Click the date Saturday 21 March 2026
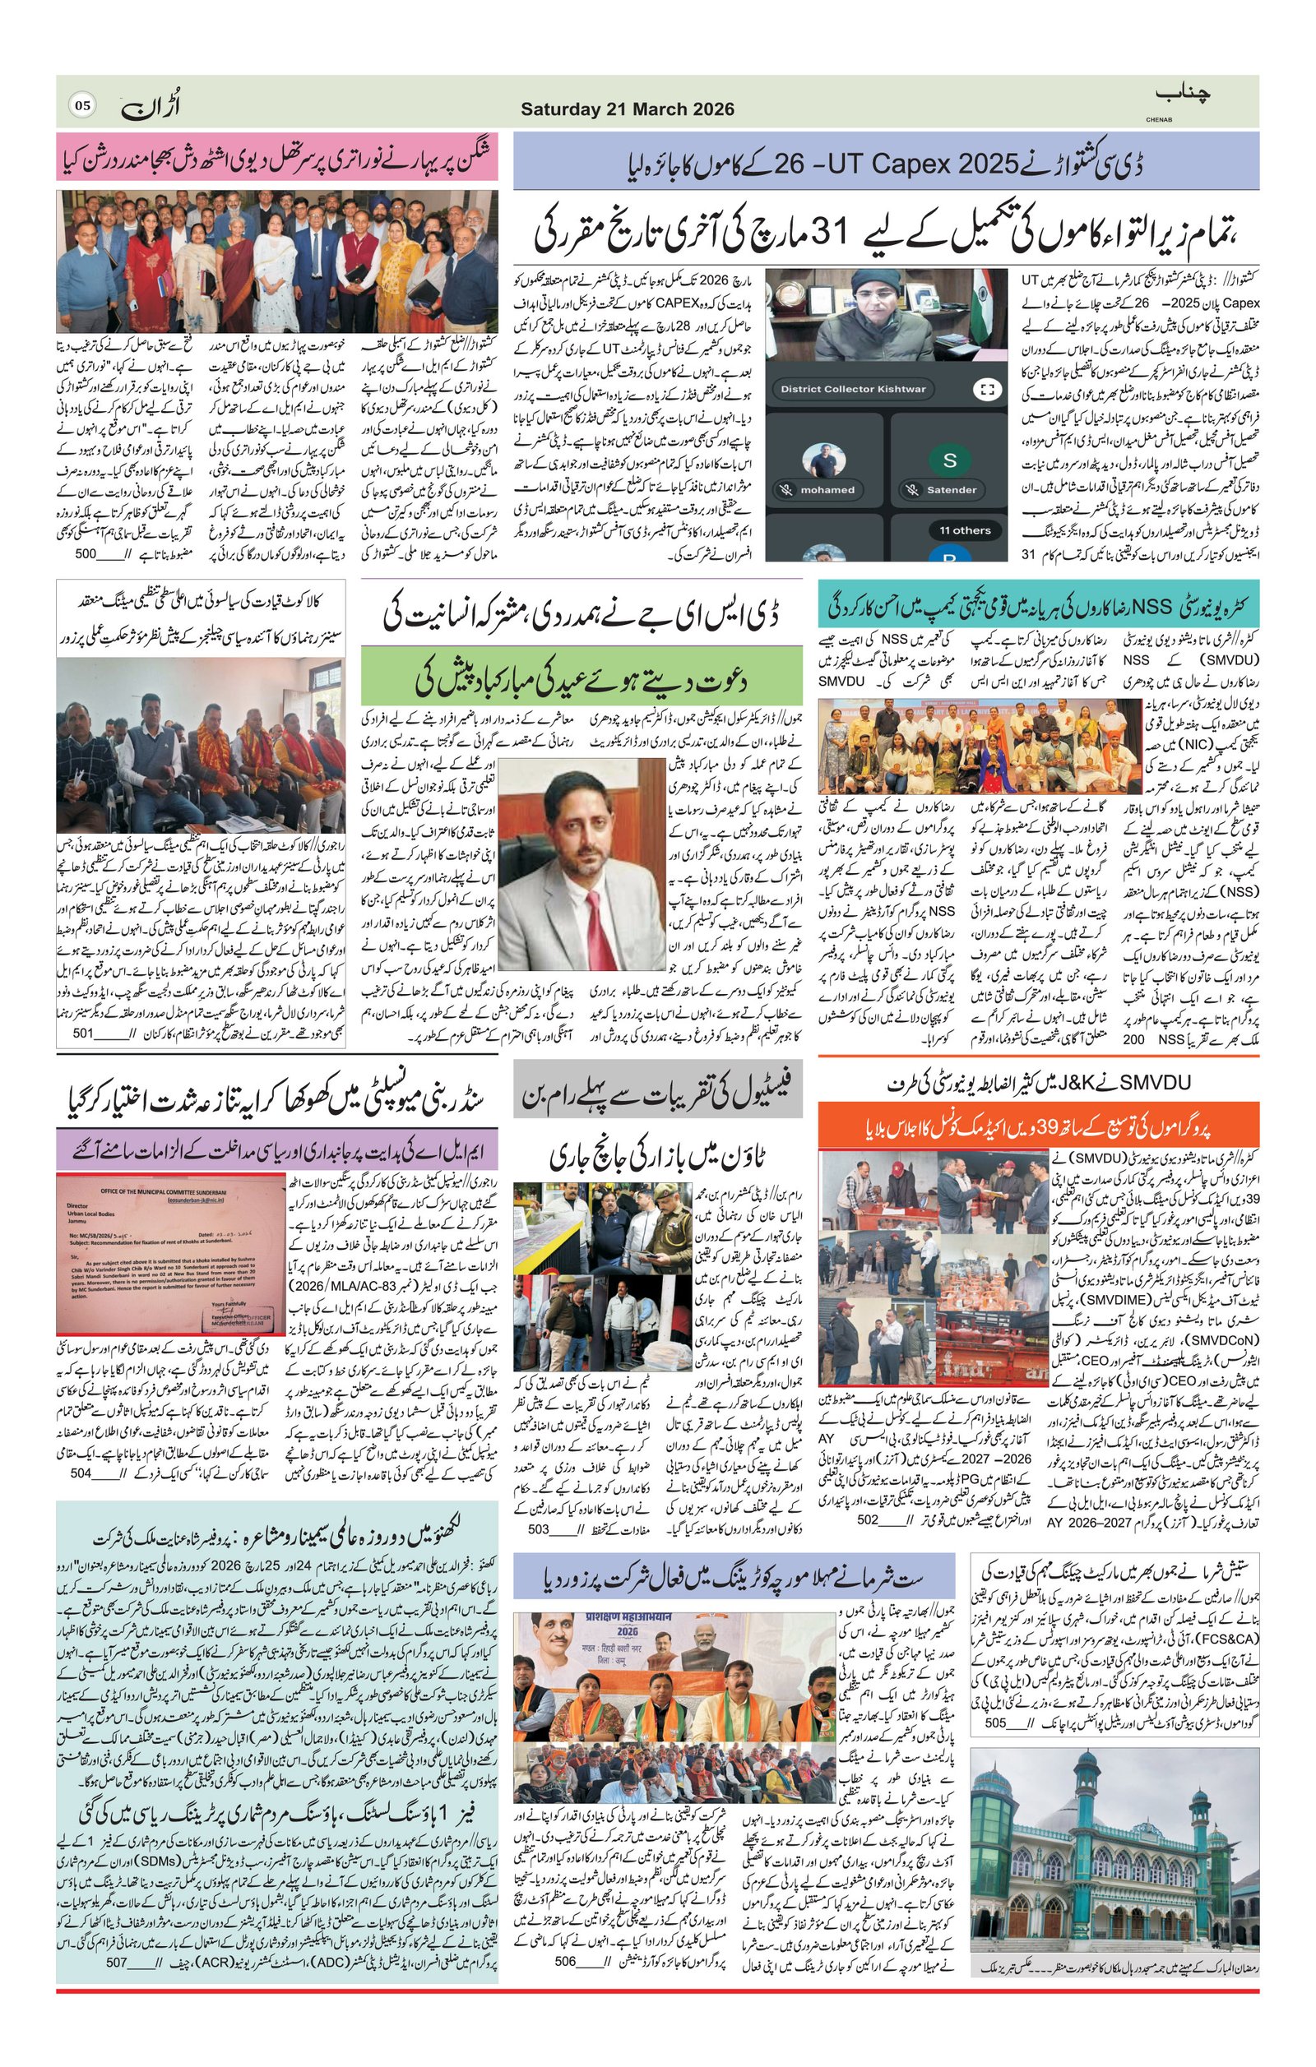coord(627,109)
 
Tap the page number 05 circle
coord(82,105)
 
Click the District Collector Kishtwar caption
coord(852,389)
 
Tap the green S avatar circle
coord(948,460)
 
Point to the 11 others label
coord(964,529)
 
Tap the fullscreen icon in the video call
coord(984,389)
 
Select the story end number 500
coord(86,554)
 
